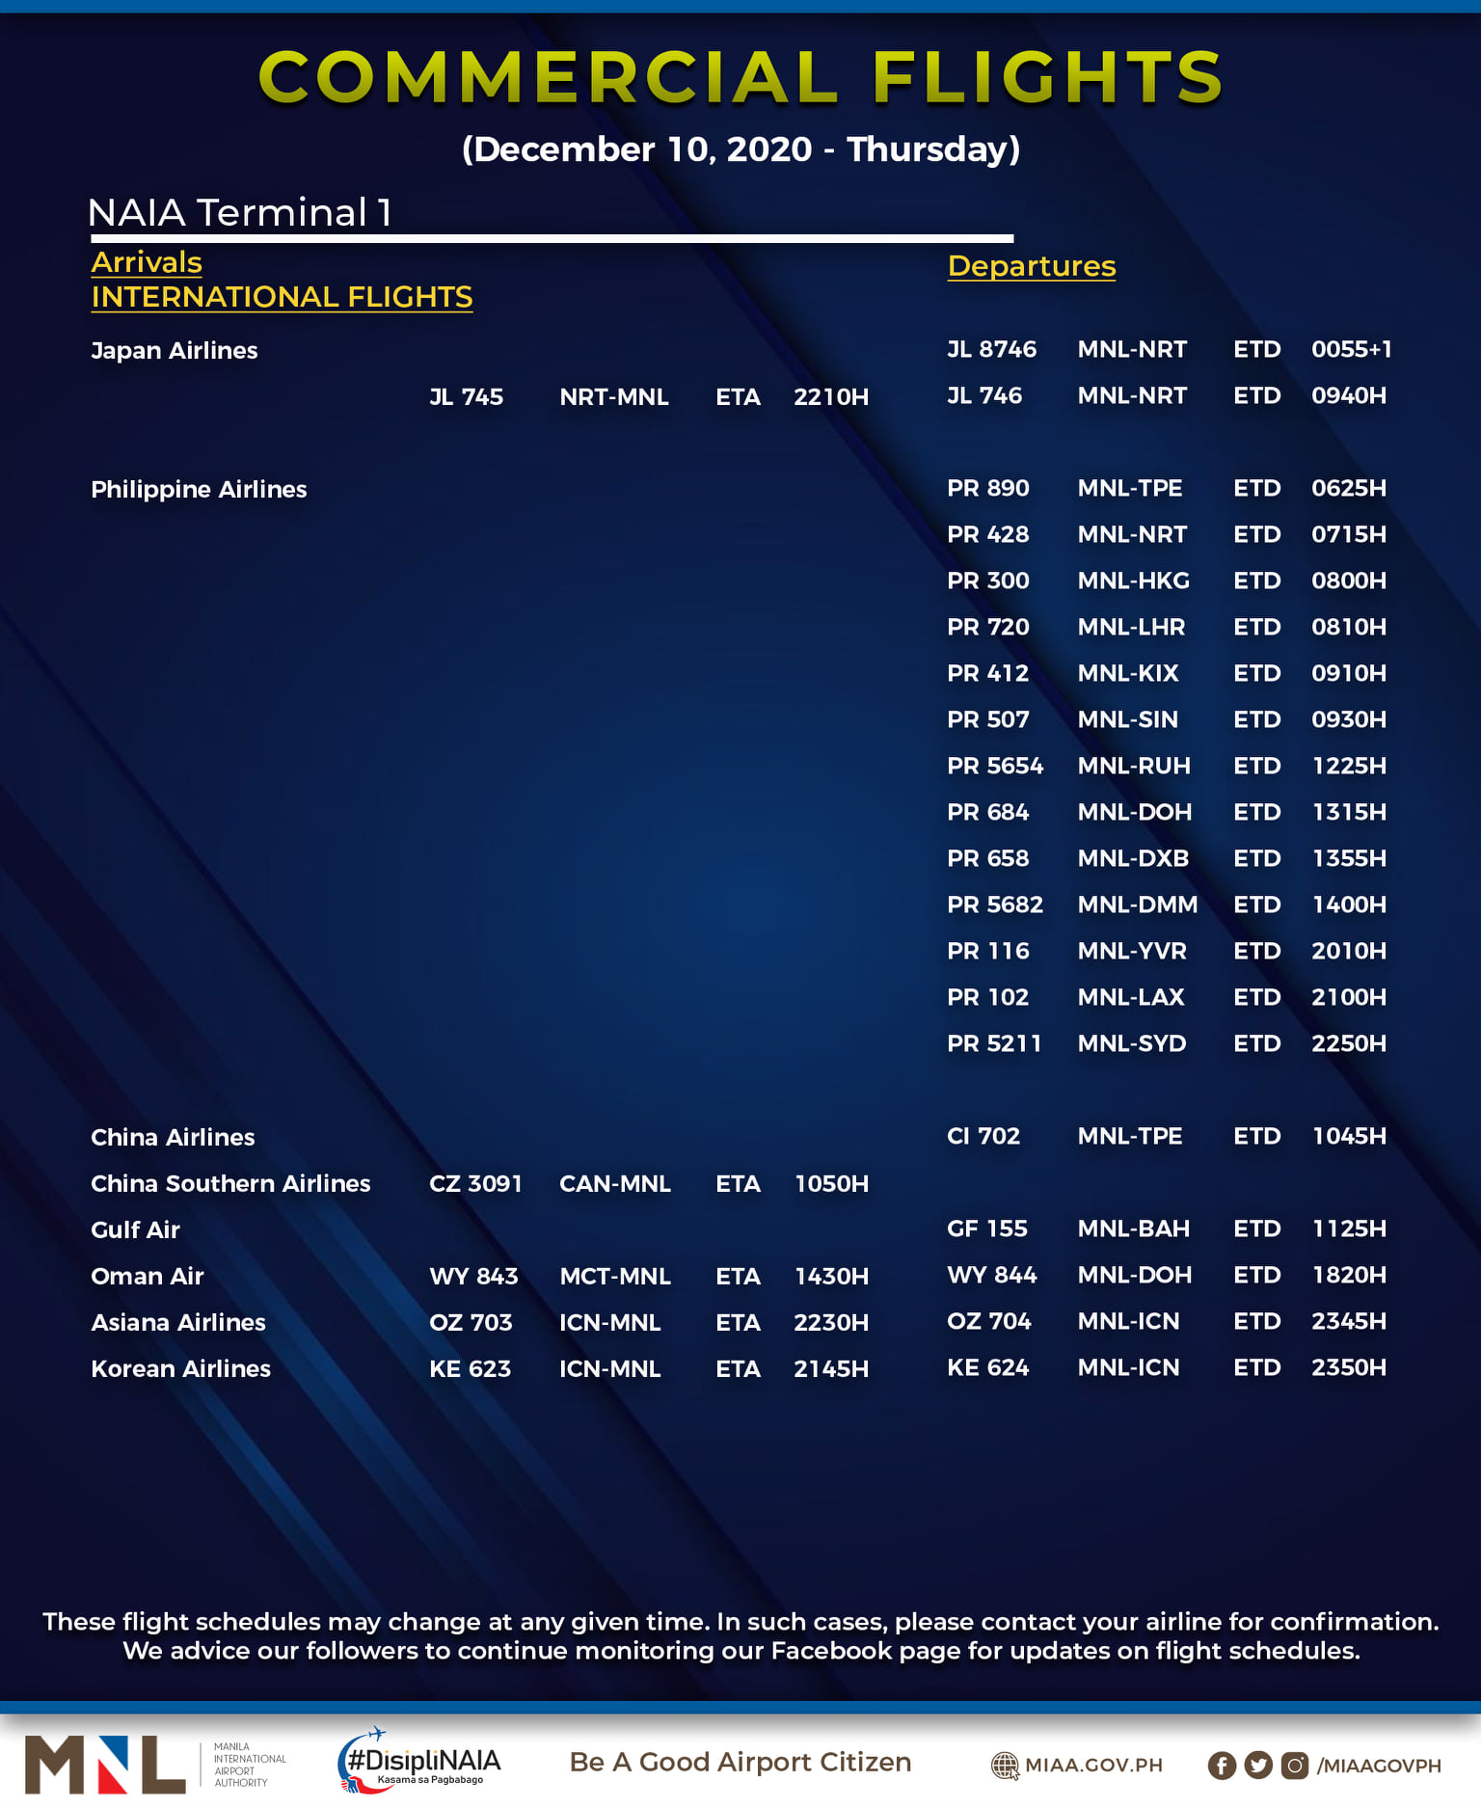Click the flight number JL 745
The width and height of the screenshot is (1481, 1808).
466,397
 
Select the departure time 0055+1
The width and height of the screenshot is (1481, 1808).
1351,349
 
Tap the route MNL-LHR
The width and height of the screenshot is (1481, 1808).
1131,627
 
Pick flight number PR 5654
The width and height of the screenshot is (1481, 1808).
994,766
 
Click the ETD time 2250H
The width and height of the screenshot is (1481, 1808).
1348,1043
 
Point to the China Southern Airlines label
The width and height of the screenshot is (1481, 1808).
230,1183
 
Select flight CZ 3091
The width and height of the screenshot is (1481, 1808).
475,1183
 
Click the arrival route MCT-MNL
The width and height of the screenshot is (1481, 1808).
614,1276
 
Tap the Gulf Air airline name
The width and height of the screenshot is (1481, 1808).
135,1229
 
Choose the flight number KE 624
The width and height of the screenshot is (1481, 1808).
987,1367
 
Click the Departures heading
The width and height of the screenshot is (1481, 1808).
1031,266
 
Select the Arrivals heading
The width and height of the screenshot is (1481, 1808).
147,262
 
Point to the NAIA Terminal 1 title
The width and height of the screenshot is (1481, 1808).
239,213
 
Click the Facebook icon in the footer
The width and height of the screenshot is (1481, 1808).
1221,1765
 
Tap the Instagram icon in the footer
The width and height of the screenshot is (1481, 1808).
1294,1765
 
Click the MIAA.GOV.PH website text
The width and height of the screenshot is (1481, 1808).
1093,1765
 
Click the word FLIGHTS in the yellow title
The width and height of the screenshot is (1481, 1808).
1047,77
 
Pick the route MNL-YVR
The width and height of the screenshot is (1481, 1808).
1131,951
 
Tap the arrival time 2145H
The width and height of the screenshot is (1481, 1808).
830,1368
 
